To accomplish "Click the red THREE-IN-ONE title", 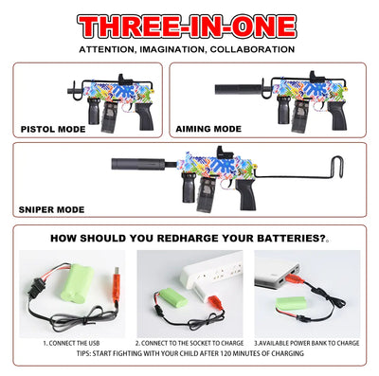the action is [187, 26].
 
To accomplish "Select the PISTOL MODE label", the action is [53, 129].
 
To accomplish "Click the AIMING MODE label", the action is [208, 129].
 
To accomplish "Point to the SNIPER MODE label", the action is [51, 209].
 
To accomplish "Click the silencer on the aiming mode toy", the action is [239, 89].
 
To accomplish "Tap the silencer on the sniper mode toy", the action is [138, 164].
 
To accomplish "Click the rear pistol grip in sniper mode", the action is [246, 194].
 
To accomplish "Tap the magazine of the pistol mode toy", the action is [110, 116].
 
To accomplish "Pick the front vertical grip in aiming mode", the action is [283, 110].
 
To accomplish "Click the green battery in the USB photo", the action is [77, 282].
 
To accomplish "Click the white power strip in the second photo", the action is [211, 271].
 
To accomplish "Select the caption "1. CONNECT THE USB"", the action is [71, 343].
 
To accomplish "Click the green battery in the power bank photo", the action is [291, 303].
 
